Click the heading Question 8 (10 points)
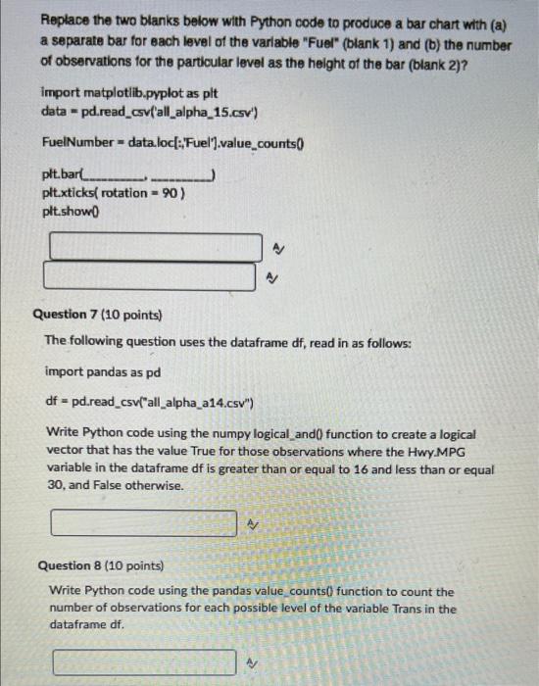click(x=100, y=565)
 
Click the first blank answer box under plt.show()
click(x=155, y=246)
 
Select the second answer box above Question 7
click(x=155, y=277)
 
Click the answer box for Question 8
click(x=145, y=662)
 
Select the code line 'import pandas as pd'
click(x=103, y=372)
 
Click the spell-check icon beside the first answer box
click(x=277, y=247)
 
